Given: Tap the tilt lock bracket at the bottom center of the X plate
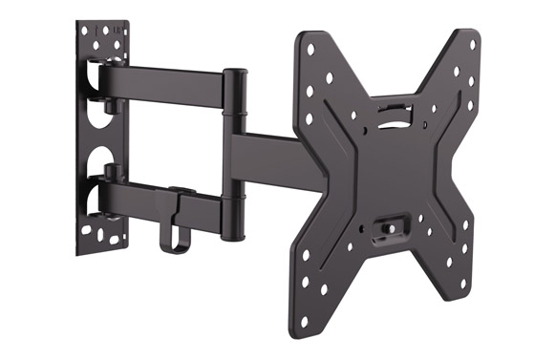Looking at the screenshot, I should tap(391, 228).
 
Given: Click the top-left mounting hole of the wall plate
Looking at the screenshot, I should tap(84, 31).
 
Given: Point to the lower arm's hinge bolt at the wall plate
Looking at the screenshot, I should tap(112, 173).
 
